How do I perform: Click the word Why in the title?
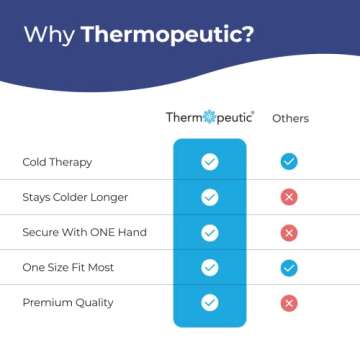(48, 36)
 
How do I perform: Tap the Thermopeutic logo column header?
(209, 117)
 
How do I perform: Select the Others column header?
(290, 118)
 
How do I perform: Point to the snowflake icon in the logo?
(211, 117)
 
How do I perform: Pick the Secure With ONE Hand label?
(84, 232)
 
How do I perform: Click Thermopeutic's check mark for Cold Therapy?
(209, 162)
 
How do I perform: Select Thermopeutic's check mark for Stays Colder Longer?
(209, 197)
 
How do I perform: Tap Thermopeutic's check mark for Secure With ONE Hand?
(209, 232)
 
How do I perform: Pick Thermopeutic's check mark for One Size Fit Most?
(209, 267)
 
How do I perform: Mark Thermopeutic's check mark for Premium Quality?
(209, 302)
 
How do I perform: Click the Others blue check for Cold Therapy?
(289, 161)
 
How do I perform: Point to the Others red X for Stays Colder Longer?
(289, 197)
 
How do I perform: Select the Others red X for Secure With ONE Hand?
(289, 232)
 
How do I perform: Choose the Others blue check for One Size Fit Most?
(289, 267)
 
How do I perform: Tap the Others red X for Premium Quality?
(289, 302)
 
